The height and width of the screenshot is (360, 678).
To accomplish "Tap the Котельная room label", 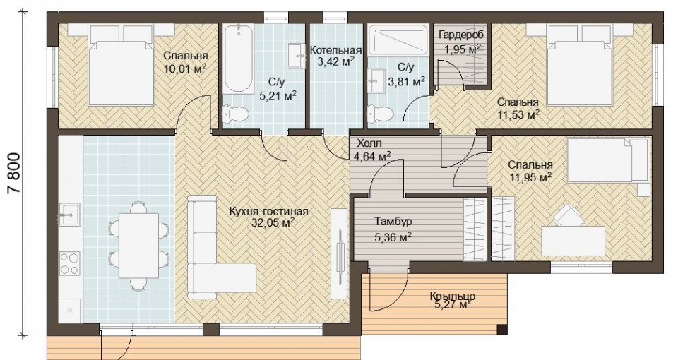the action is coord(336,51).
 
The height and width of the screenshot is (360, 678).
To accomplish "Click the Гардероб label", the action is coord(461,35).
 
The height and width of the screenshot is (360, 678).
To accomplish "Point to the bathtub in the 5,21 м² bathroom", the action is coord(238,59).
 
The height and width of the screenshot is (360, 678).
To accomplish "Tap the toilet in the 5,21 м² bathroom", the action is coord(234,114).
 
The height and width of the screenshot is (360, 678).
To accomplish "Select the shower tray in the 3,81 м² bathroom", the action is coord(398,40).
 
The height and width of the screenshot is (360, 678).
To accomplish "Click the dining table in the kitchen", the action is coord(139,246).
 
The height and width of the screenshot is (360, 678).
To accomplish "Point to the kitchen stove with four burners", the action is coord(70,263).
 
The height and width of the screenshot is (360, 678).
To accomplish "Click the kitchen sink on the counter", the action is coord(69,213).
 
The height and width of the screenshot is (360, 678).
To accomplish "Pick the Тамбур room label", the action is coord(393,222).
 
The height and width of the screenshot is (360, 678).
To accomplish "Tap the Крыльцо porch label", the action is coord(453,296).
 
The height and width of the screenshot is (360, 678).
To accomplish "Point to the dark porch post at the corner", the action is coord(502,330).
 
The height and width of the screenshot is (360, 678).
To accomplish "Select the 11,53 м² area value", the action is coord(518,114).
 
